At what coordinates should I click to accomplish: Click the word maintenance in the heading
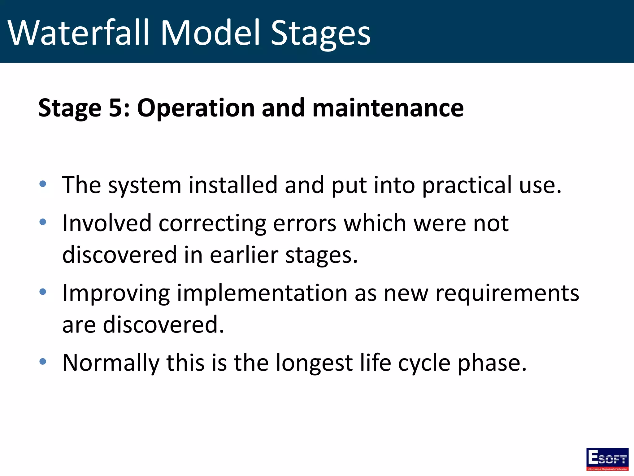pos(388,108)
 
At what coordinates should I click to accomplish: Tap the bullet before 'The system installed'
pos(43,184)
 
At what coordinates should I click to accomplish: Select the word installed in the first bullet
pos(233,185)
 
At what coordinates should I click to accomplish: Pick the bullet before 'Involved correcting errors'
pos(43,222)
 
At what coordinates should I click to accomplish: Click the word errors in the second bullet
pos(305,223)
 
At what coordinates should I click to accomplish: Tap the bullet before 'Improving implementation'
pos(43,292)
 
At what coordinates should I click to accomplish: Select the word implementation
pos(262,293)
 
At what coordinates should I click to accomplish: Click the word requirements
pos(507,293)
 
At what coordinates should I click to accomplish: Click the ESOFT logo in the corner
pos(607,459)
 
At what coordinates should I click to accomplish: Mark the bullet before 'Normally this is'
pos(43,361)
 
